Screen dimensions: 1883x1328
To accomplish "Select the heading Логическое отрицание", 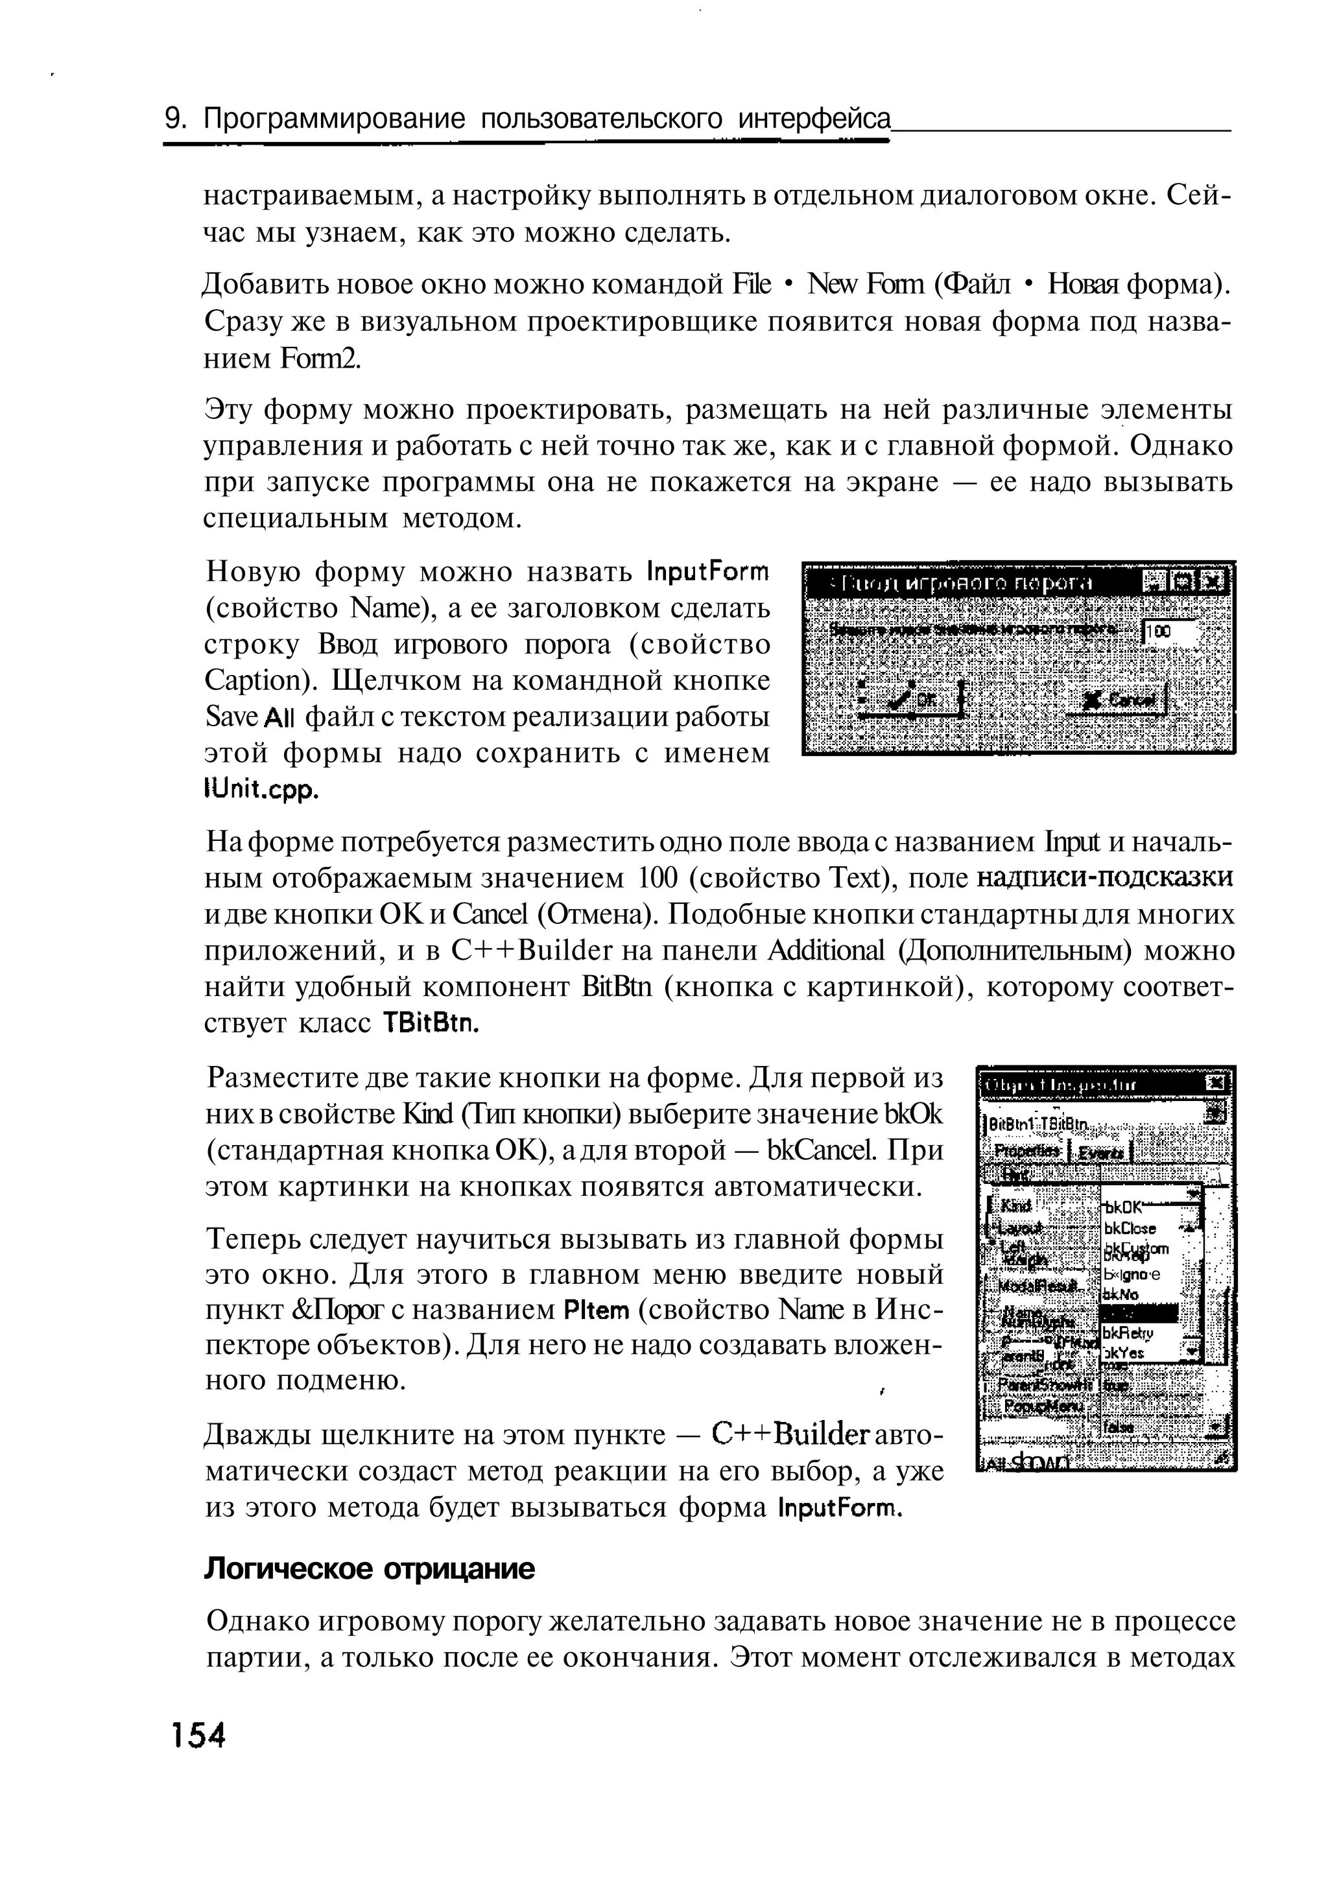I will click(368, 1570).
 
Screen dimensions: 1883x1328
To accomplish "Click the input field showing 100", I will click(1169, 631).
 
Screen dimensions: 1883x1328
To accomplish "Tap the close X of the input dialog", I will click(1213, 582).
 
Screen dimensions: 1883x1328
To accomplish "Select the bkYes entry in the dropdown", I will click(1126, 1354).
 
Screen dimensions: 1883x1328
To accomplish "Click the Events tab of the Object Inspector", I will click(1102, 1153).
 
